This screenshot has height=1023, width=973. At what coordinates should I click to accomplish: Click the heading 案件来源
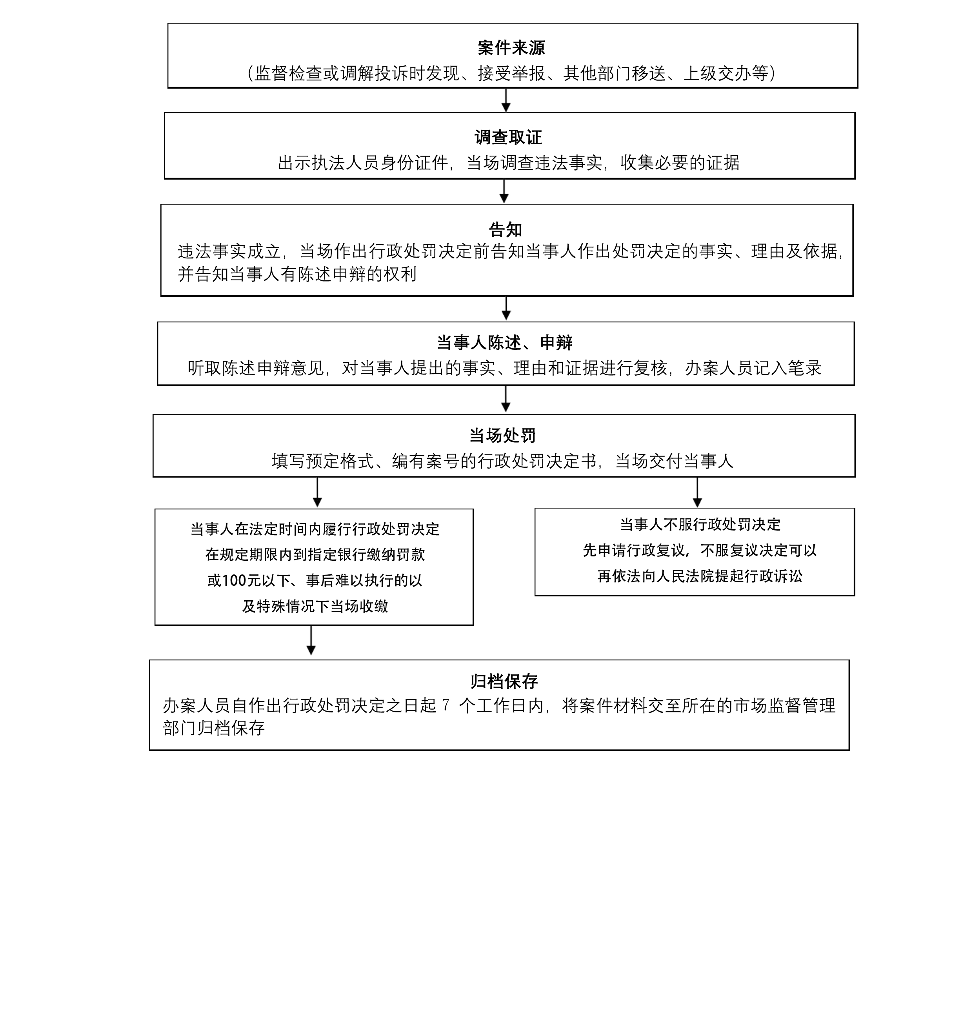(511, 48)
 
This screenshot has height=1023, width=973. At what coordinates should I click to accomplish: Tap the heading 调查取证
(508, 137)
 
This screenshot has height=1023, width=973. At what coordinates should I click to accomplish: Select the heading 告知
(505, 229)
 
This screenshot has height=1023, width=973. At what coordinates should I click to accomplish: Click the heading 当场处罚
(502, 435)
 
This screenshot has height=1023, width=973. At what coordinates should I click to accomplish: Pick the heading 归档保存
(504, 681)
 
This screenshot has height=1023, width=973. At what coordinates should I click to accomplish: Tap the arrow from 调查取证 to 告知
(504, 191)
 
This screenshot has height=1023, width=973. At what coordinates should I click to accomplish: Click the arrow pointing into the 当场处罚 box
(506, 399)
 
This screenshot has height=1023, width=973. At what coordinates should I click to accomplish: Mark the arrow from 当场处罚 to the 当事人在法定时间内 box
(317, 492)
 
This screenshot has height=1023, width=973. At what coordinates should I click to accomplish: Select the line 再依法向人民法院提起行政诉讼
(700, 576)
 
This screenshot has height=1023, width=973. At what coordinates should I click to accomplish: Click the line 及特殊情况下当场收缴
(315, 606)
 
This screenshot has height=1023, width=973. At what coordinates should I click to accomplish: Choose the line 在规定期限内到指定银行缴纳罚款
(315, 555)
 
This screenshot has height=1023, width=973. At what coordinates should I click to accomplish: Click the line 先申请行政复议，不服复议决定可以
(700, 550)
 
